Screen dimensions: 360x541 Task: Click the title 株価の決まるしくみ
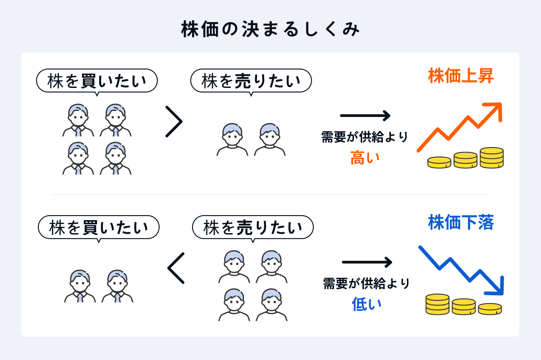(270, 30)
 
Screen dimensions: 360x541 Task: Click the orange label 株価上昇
(461, 76)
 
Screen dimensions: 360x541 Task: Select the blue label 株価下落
(461, 222)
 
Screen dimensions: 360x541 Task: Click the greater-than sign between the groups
(174, 121)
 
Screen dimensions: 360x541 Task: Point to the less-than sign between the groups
(176, 268)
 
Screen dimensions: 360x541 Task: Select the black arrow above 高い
(365, 116)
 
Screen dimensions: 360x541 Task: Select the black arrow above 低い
(367, 262)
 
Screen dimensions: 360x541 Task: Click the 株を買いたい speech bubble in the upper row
(97, 81)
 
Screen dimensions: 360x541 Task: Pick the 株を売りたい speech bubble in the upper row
(251, 81)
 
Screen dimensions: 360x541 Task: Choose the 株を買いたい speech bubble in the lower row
(99, 227)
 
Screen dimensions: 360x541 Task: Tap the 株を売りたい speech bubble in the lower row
(253, 227)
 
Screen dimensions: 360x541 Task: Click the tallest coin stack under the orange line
(491, 158)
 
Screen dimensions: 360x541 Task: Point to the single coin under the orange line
(439, 162)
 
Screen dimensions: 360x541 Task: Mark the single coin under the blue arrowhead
(490, 309)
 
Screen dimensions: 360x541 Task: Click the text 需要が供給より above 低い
(367, 283)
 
